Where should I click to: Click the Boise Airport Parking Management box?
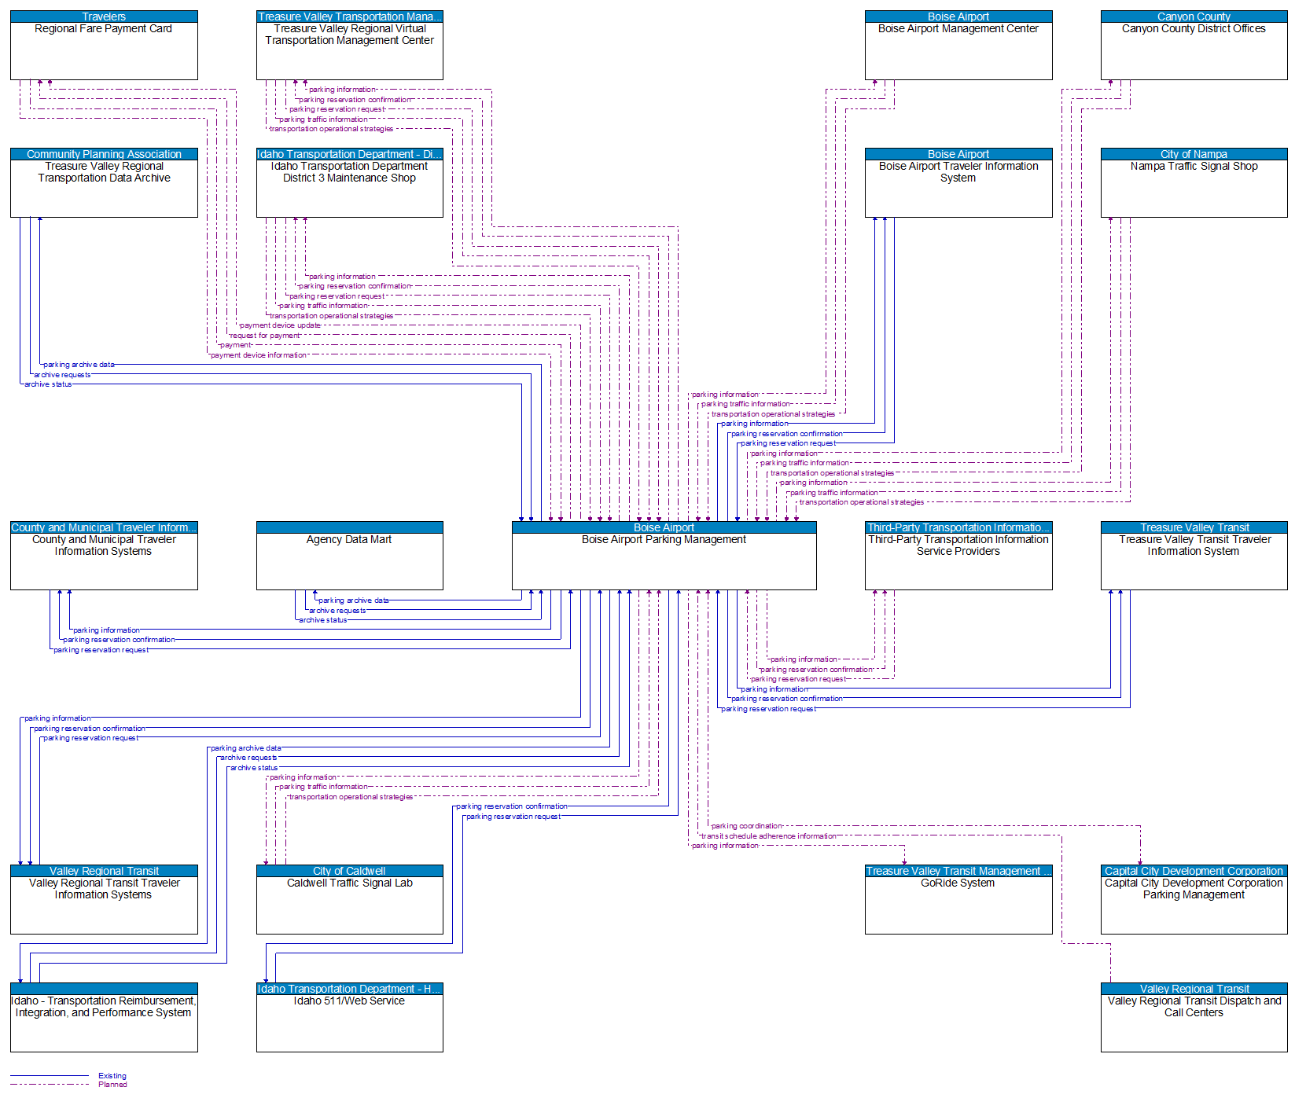pyautogui.click(x=664, y=560)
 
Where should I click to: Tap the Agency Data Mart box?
pyautogui.click(x=349, y=560)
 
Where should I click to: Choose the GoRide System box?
pyautogui.click(x=958, y=904)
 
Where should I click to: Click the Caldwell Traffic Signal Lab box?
pyautogui.click(x=349, y=904)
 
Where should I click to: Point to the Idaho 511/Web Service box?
pyautogui.click(x=349, y=1022)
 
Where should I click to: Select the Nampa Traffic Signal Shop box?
pyautogui.click(x=1194, y=187)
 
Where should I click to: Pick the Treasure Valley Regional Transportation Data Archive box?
pyautogui.click(x=104, y=187)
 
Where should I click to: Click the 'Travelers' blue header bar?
pyautogui.click(x=104, y=17)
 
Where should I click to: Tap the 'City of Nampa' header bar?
pyautogui.click(x=1194, y=154)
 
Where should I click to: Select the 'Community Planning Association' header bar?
pyautogui.click(x=104, y=154)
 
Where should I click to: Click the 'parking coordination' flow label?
pyautogui.click(x=746, y=826)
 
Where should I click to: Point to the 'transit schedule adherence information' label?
pyautogui.click(x=768, y=836)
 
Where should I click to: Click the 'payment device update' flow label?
pyautogui.click(x=280, y=325)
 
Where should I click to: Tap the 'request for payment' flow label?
pyautogui.click(x=264, y=336)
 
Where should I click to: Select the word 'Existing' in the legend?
pyautogui.click(x=112, y=1076)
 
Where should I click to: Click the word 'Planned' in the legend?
pyautogui.click(x=112, y=1085)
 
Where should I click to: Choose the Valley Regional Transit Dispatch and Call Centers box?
pyautogui.click(x=1194, y=1022)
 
